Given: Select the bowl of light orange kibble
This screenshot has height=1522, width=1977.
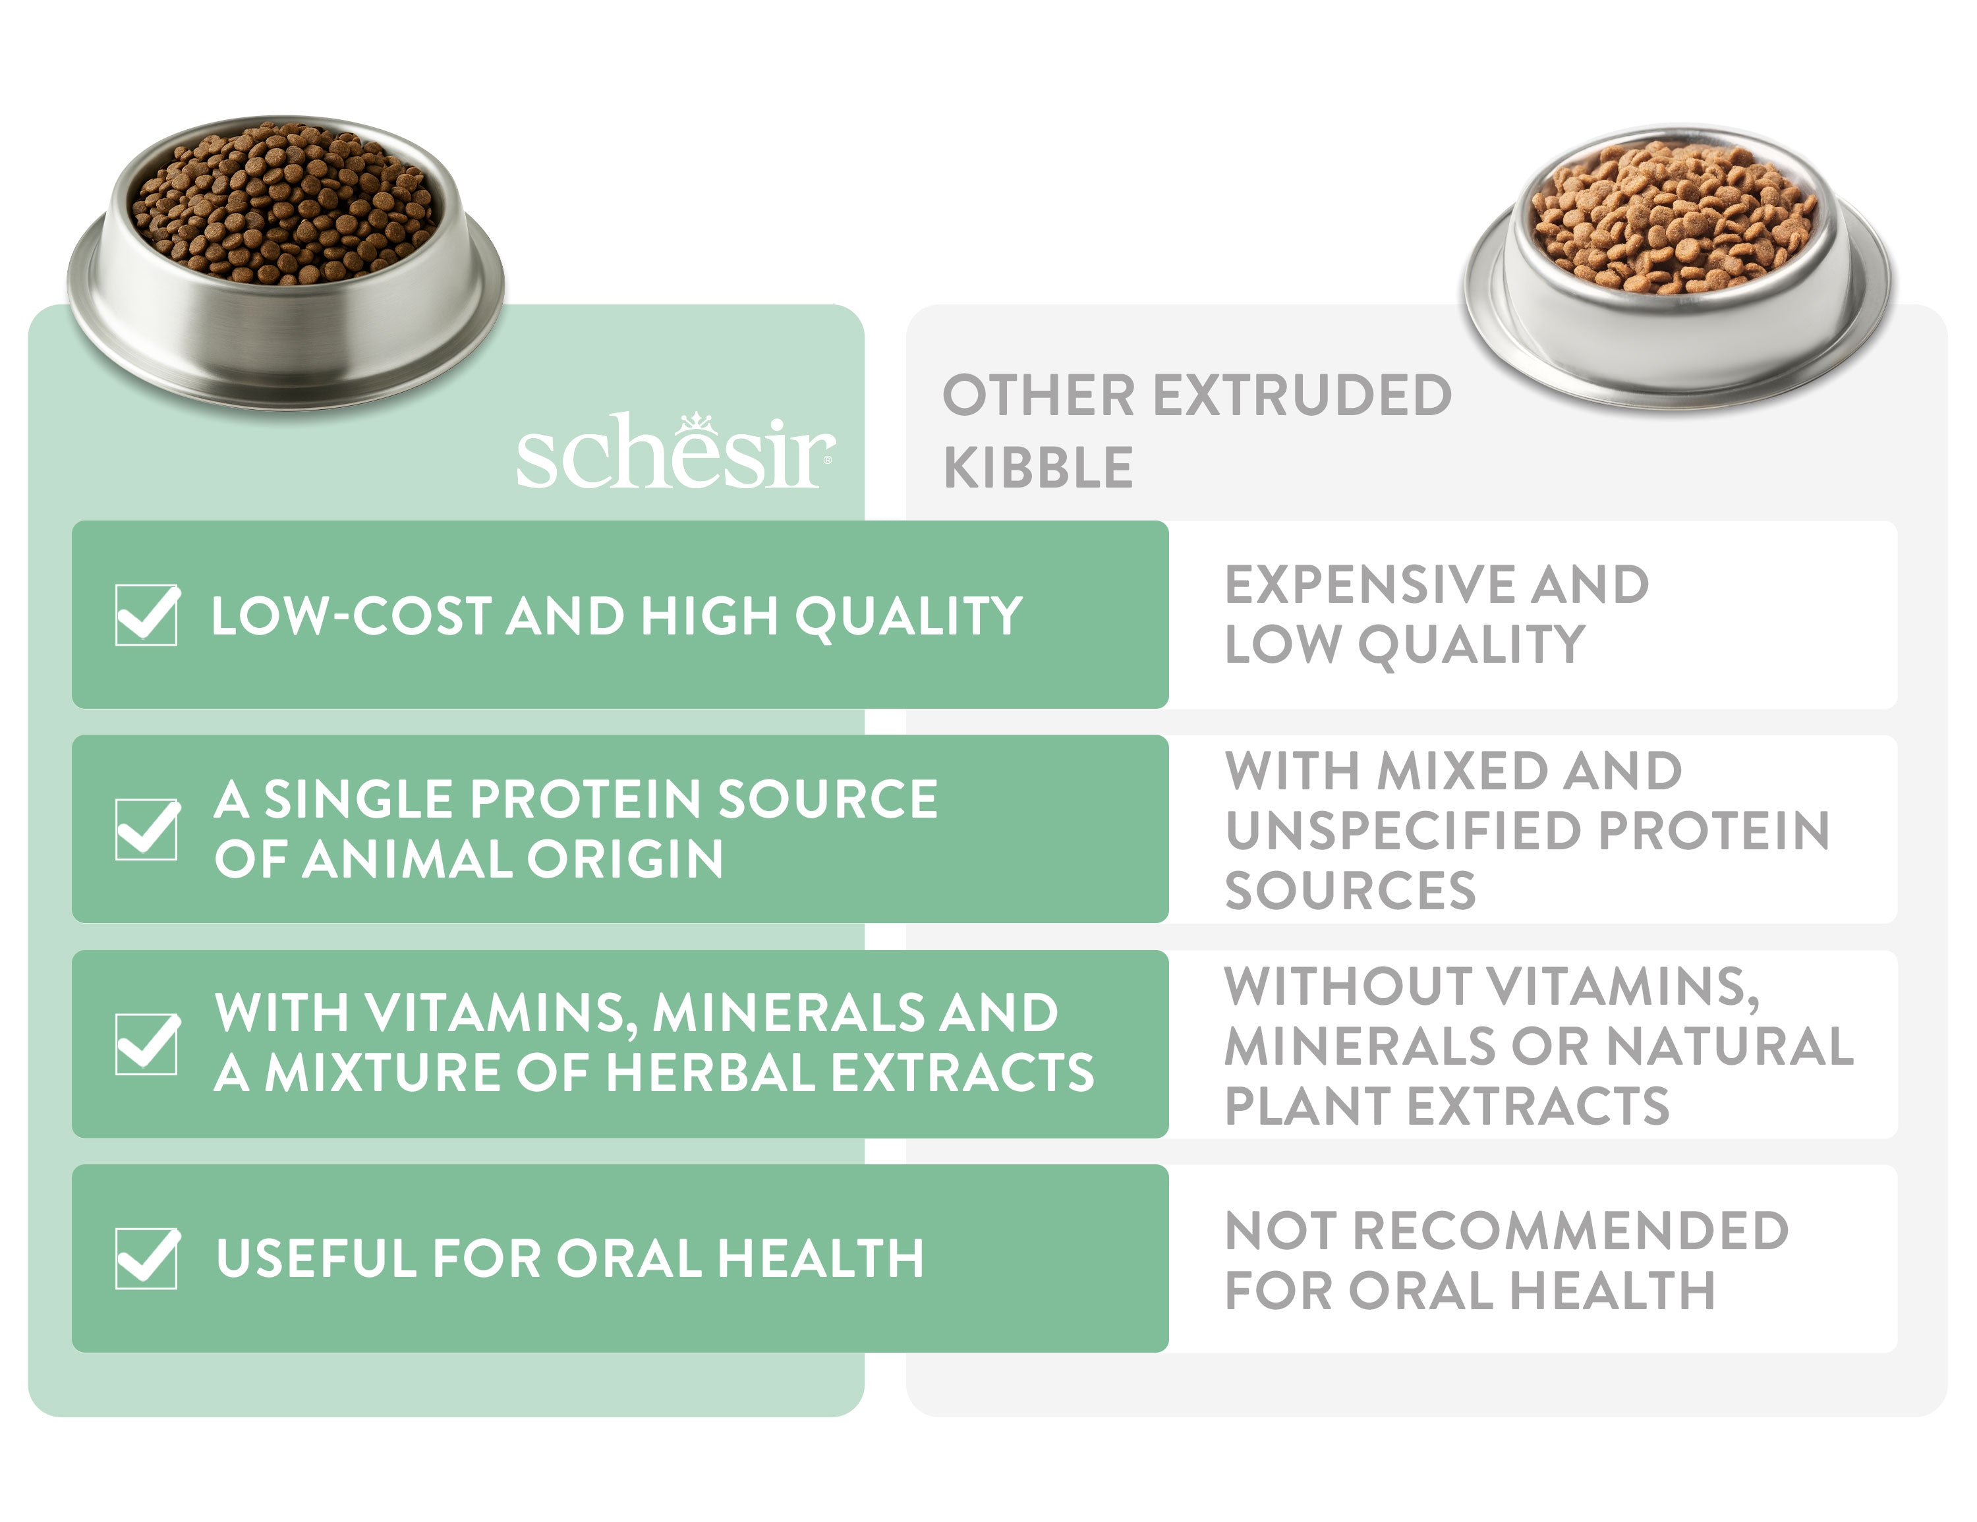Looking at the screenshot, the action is pos(1677,267).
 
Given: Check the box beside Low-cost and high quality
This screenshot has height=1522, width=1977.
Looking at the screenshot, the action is pos(148,615).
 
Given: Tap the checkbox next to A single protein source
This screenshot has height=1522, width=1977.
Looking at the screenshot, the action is pos(148,829).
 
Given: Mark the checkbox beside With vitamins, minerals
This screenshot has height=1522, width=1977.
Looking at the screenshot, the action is pos(148,1043).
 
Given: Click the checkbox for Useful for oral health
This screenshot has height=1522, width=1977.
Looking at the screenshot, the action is pos(148,1258).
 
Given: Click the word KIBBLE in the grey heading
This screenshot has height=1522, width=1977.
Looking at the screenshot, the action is pos(1039,468).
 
